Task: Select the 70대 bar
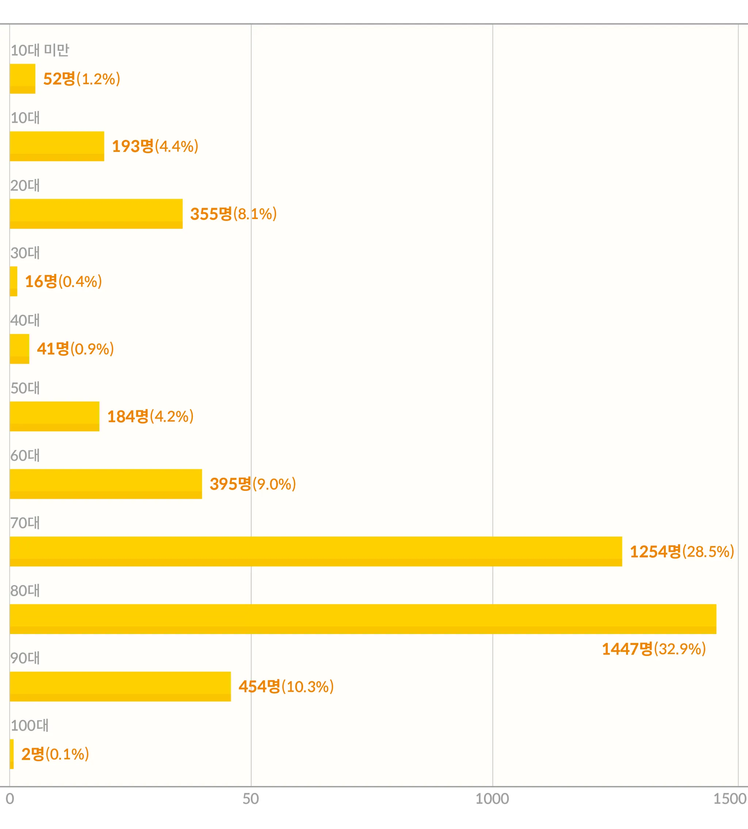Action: pyautogui.click(x=316, y=551)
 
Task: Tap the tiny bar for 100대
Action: pyautogui.click(x=12, y=754)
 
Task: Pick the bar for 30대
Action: pyautogui.click(x=14, y=281)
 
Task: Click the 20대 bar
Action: pyautogui.click(x=96, y=214)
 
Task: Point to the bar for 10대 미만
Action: pyautogui.click(x=23, y=79)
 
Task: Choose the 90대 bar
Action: pyautogui.click(x=120, y=686)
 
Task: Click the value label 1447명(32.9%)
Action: pyautogui.click(x=653, y=649)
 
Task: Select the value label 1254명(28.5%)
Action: pyautogui.click(x=682, y=551)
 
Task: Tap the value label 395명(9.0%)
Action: pyautogui.click(x=253, y=484)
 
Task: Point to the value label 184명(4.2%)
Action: pyautogui.click(x=150, y=416)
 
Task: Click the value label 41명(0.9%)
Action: pyautogui.click(x=75, y=348)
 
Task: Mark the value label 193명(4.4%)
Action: pyautogui.click(x=155, y=146)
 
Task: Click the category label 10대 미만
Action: pyautogui.click(x=40, y=50)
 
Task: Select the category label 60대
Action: pyautogui.click(x=25, y=455)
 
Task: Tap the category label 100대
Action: pyautogui.click(x=30, y=725)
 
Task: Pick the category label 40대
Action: pyautogui.click(x=25, y=320)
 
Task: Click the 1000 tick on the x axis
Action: pyautogui.click(x=492, y=799)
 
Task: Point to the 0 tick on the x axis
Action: pyautogui.click(x=10, y=799)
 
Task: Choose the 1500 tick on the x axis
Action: pyautogui.click(x=730, y=799)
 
